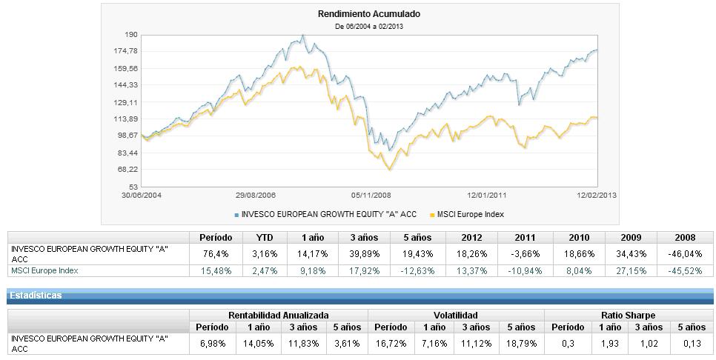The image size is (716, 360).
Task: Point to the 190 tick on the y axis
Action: click(132, 35)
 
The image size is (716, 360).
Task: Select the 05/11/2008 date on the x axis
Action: click(371, 195)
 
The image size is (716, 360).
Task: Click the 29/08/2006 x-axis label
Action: click(256, 195)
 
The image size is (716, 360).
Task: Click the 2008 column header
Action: click(686, 238)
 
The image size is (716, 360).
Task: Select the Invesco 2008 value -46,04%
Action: click(686, 253)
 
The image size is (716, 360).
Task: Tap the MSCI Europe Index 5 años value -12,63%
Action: click(417, 270)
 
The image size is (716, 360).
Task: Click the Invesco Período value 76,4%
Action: click(216, 253)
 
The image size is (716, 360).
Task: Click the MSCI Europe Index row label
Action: click(44, 270)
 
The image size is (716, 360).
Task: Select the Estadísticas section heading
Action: click(36, 296)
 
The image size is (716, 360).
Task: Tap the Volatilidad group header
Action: click(456, 315)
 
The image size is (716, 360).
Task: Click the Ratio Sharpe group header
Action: click(628, 315)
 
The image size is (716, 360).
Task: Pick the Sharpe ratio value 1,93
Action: click(610, 343)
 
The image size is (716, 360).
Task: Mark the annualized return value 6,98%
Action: click(212, 343)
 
